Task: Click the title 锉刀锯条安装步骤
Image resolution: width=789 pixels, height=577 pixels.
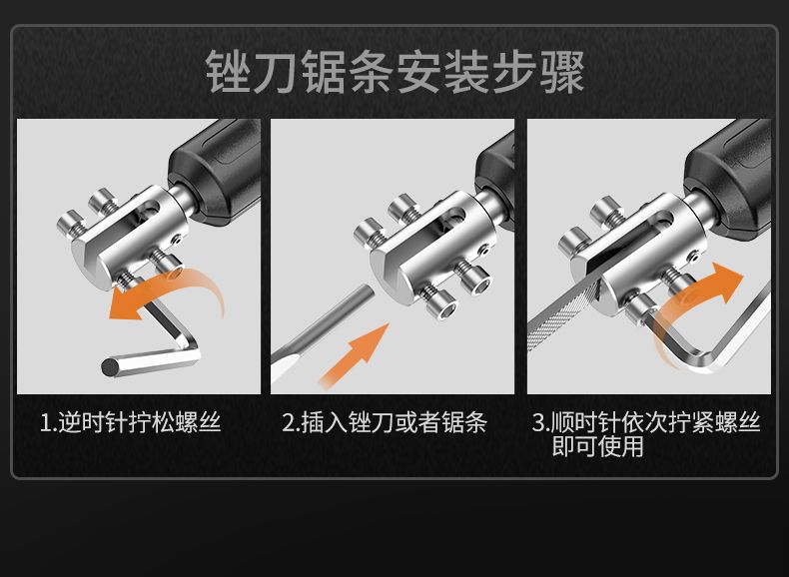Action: coord(394,72)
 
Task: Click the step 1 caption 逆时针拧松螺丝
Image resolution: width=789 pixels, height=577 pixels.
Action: coord(140,422)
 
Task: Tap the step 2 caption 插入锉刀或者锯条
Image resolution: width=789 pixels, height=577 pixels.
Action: coord(394,422)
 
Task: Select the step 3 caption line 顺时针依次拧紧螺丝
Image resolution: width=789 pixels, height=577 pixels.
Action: coord(655,422)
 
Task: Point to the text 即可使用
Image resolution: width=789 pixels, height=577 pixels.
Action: coord(597,446)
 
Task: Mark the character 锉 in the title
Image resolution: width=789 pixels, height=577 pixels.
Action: coord(228,72)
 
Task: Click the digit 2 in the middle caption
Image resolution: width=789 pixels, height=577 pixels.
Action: coord(288,423)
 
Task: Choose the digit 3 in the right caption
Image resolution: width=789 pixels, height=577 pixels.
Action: coord(538,423)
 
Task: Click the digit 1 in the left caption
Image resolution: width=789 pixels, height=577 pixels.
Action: coord(46,423)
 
